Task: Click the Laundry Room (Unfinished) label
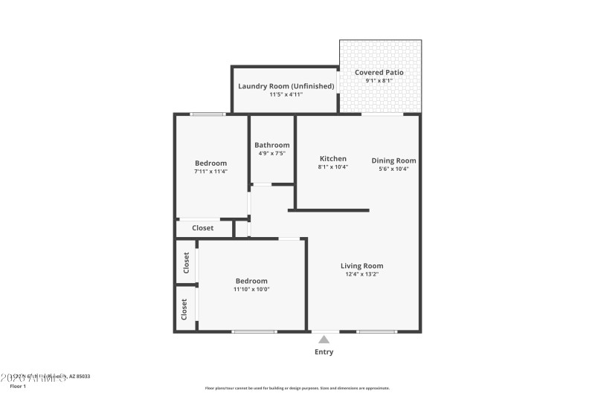click(286, 86)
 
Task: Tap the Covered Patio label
click(379, 72)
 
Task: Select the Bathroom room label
click(271, 145)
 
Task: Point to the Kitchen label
click(332, 159)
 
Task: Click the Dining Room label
click(393, 160)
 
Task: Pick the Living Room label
click(361, 266)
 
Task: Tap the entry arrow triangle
click(324, 340)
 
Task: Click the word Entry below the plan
click(324, 352)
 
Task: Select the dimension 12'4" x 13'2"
click(361, 274)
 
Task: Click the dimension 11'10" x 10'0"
click(251, 289)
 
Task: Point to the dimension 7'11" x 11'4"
click(210, 172)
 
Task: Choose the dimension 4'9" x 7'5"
click(271, 154)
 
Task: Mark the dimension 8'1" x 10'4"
click(332, 168)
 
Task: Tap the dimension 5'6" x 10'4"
click(393, 169)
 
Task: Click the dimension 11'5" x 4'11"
click(286, 95)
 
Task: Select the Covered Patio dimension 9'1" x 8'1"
click(379, 81)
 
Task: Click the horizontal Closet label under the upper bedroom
click(202, 228)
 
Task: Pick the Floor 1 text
click(17, 386)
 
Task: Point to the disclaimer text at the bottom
click(297, 388)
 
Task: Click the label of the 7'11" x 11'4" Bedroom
click(210, 163)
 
